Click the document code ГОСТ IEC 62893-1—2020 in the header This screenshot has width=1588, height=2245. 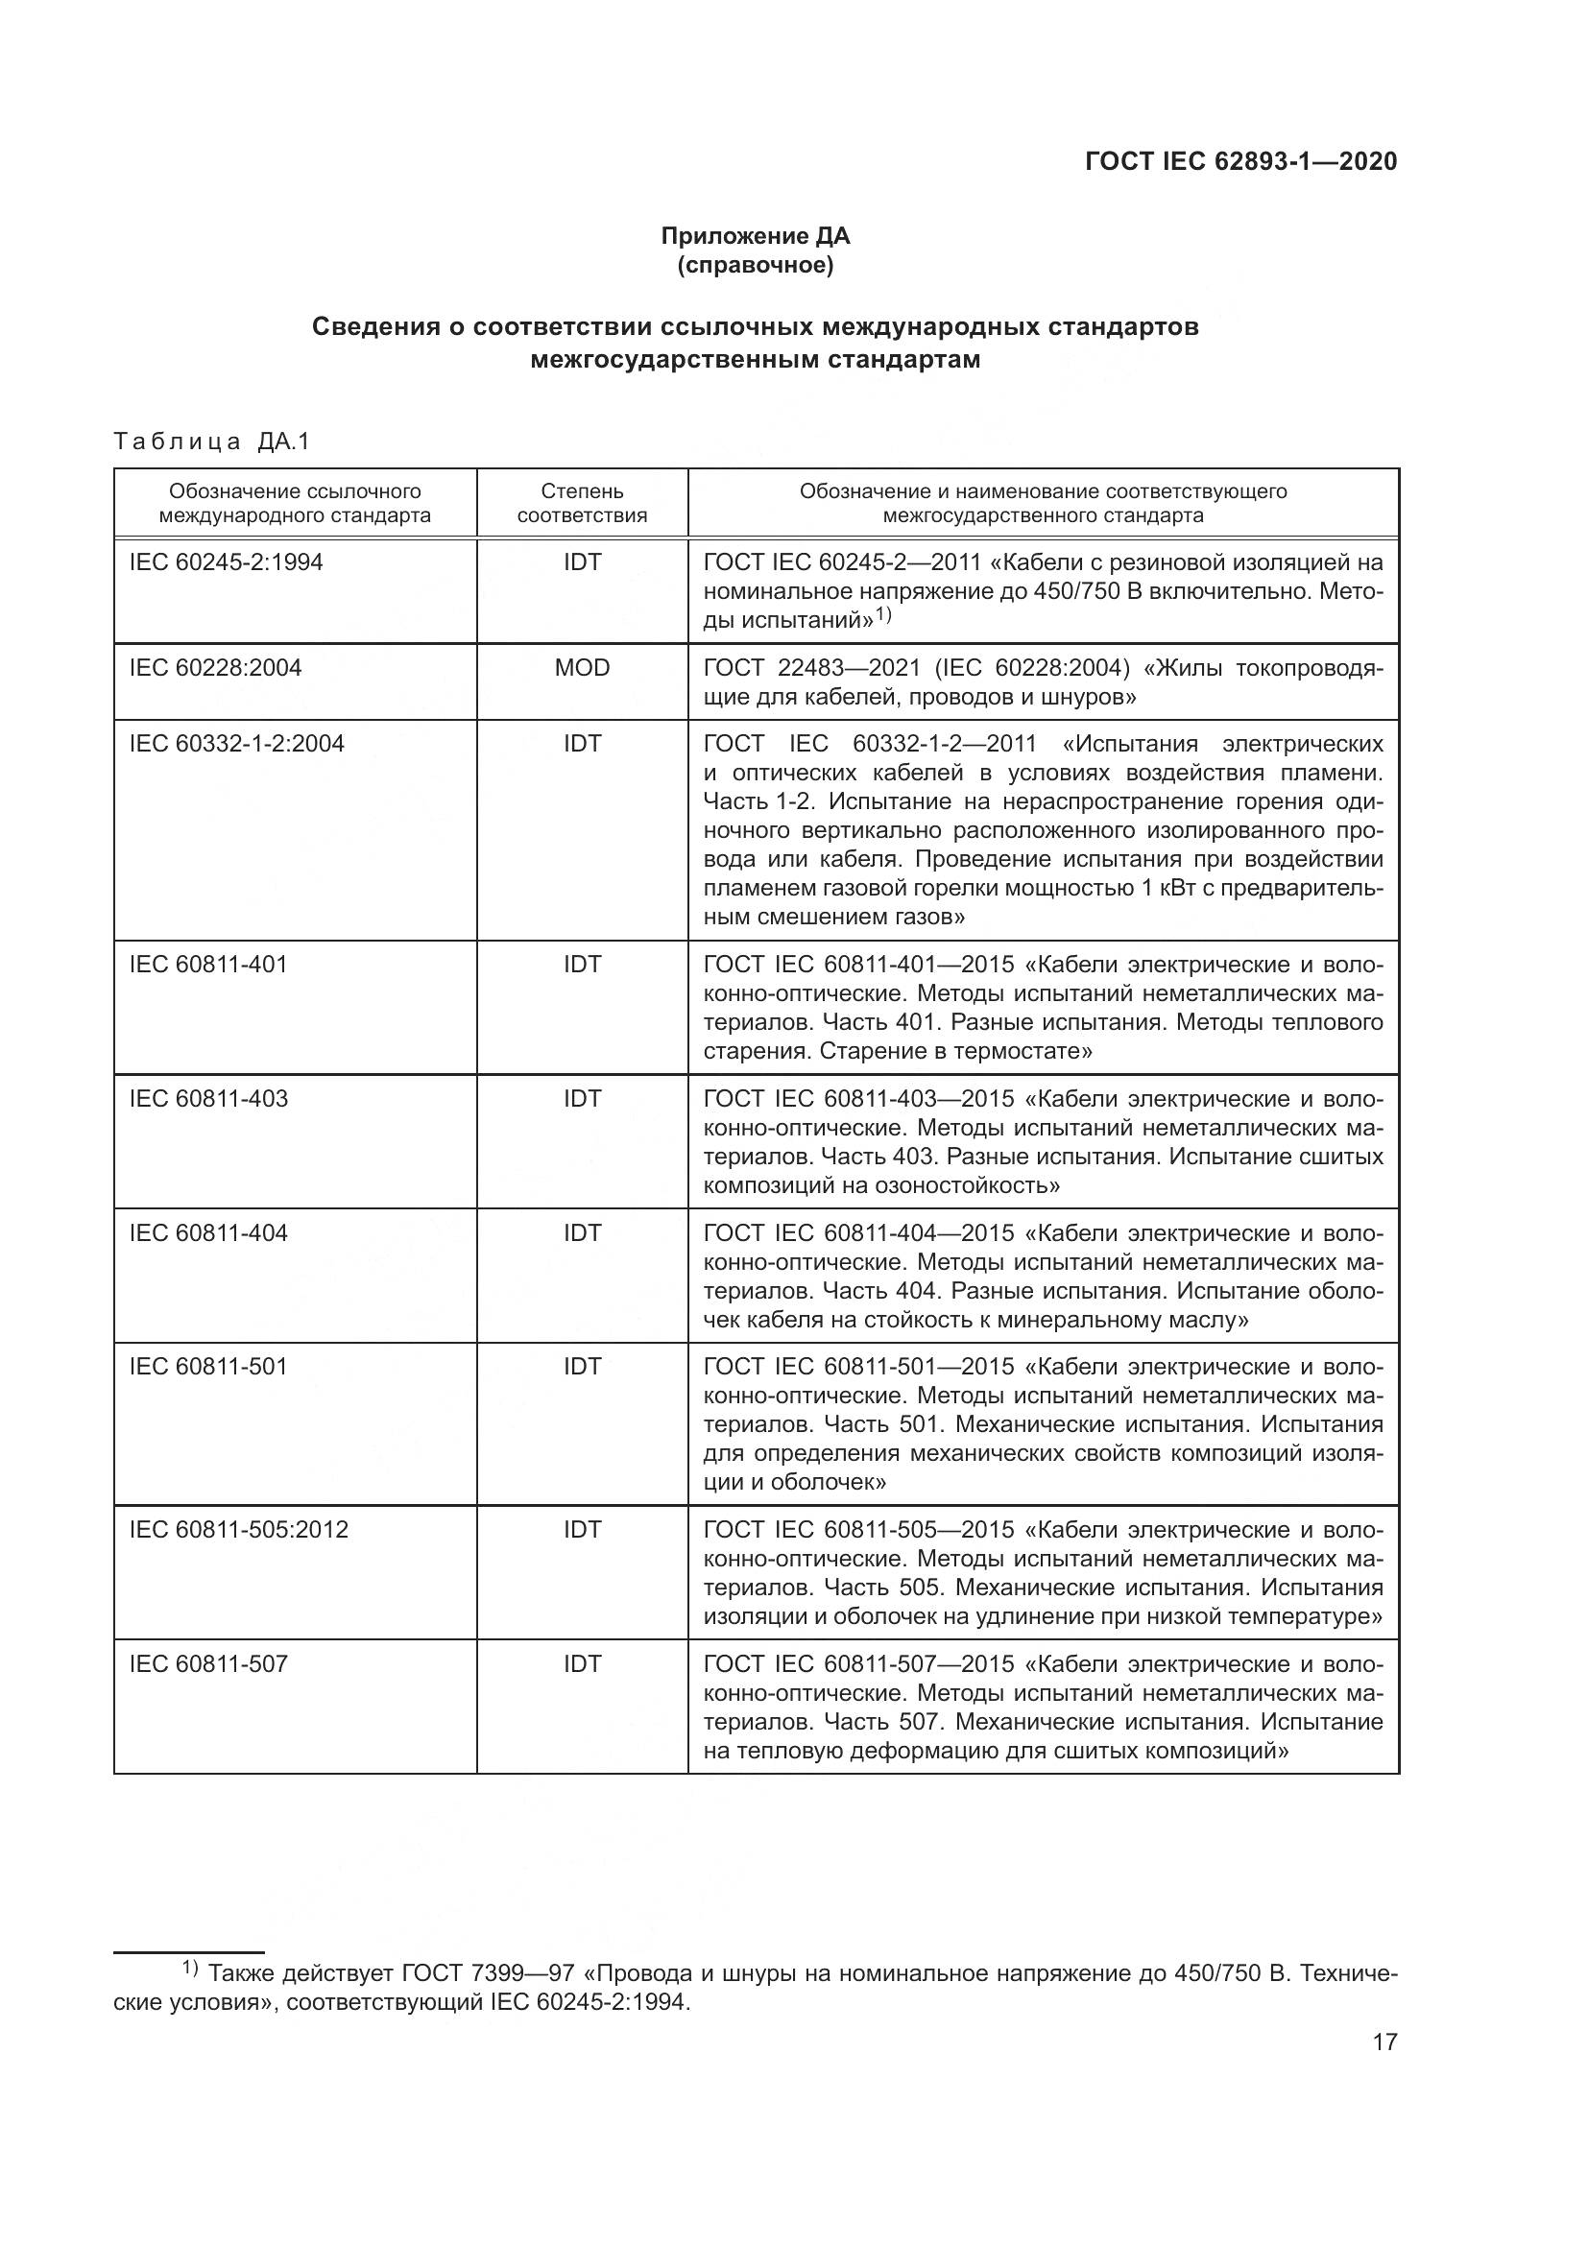pos(1240,161)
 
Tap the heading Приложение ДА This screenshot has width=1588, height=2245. pos(755,236)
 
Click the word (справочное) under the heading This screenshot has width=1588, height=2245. pos(755,265)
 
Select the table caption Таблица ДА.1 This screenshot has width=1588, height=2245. pos(211,442)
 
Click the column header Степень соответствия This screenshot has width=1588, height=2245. pos(582,503)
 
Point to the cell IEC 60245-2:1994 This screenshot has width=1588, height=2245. pos(226,562)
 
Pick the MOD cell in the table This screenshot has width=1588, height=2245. pos(582,668)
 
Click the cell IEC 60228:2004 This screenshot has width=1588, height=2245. pos(215,668)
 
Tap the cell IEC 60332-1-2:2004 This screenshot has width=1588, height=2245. pos(236,744)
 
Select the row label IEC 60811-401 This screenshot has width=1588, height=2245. pos(208,964)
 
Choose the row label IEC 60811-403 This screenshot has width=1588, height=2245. pos(208,1098)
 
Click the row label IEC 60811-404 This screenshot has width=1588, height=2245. pos(208,1232)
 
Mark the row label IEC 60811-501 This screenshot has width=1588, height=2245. pos(208,1366)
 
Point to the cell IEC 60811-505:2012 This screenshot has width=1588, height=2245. pos(239,1529)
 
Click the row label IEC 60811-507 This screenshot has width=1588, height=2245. pos(208,1663)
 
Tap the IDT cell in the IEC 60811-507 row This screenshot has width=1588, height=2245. pos(582,1663)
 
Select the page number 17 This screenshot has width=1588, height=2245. pos(1384,2042)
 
